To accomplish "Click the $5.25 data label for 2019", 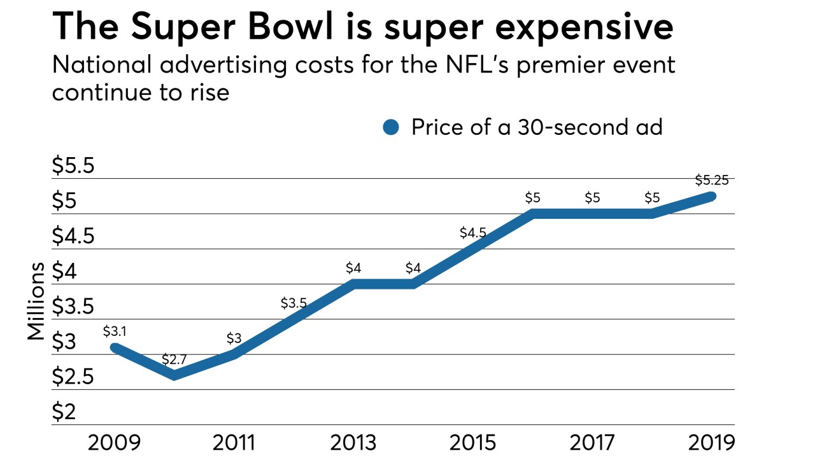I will [712, 180].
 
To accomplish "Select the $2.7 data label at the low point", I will [173, 360].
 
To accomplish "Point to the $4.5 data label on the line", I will [473, 233].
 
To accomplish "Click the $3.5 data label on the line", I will [294, 303].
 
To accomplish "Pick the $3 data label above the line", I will [234, 338].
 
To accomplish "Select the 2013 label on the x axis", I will [353, 442].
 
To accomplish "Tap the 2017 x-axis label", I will [592, 442].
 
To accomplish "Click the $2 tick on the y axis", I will [64, 413].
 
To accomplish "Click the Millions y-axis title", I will [36, 301].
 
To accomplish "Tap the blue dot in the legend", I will [390, 128].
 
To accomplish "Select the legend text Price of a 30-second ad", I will [537, 127].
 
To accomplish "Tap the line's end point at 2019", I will [712, 197].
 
